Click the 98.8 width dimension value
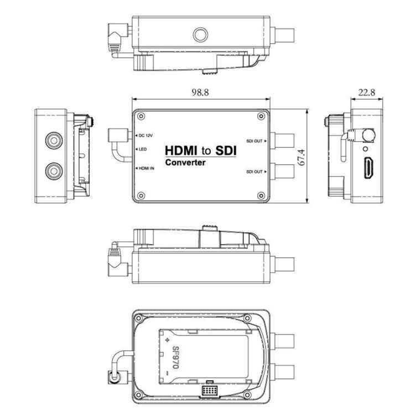pos(200,92)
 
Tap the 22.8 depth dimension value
pos(366,92)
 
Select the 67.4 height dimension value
pos(316,156)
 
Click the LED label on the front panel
pos(143,150)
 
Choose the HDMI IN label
pos(146,168)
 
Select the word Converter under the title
pos(186,163)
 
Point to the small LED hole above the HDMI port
pos(365,148)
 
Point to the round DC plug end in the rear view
pos(113,379)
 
